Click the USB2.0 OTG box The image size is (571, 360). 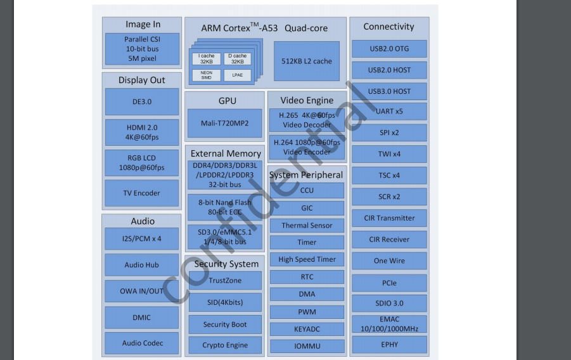tap(389, 49)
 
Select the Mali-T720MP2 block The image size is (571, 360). tap(224, 123)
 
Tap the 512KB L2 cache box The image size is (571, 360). tap(307, 61)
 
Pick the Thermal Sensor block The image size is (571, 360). tap(307, 225)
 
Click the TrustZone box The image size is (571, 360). tap(225, 280)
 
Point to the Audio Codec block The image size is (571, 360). tap(142, 343)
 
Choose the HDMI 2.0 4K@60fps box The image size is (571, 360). tap(142, 132)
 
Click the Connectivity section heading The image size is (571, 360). tap(388, 27)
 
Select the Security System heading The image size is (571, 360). tap(226, 264)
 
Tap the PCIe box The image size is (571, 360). tap(389, 282)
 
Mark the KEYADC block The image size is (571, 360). tap(307, 329)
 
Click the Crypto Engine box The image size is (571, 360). tap(225, 345)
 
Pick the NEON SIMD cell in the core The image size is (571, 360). tap(207, 75)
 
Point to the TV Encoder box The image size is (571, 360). tap(142, 193)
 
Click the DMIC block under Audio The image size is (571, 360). tap(142, 317)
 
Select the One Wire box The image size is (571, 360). tap(389, 260)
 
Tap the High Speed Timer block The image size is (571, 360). tap(307, 259)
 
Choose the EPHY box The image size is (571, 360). tap(389, 345)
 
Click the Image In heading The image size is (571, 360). tap(143, 24)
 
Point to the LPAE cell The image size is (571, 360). tap(237, 75)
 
